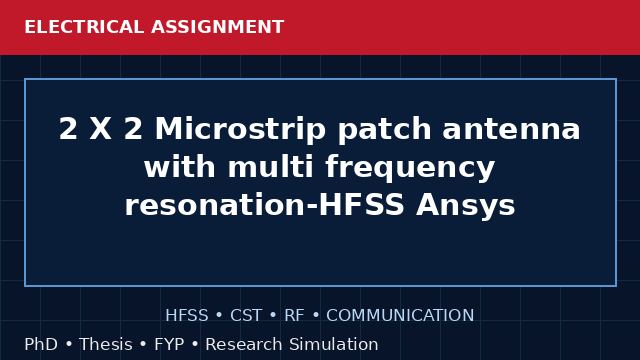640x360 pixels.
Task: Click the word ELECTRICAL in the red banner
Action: point(84,27)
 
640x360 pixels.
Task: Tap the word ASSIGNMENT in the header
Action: point(217,27)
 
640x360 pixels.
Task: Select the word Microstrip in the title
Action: point(240,130)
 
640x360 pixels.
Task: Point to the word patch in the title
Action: point(384,130)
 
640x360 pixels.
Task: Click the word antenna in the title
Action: point(511,129)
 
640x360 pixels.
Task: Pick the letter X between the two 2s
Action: point(100,129)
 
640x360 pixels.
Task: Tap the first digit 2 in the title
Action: point(68,129)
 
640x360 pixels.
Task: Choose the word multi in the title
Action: point(271,167)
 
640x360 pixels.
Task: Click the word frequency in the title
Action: point(410,168)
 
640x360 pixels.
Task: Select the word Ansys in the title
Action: point(465,206)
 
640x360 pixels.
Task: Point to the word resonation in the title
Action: point(215,205)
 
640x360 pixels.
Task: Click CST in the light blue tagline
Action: point(246,316)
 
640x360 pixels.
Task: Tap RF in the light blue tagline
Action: point(294,316)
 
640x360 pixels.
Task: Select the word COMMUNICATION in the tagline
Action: point(400,316)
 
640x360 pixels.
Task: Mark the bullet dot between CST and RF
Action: point(273,316)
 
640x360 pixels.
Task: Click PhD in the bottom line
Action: point(41,344)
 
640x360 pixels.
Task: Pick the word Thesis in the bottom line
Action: point(106,344)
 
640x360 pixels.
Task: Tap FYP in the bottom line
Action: point(169,344)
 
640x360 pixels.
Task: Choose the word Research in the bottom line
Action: point(244,344)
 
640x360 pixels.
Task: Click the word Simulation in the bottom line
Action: point(334,344)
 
